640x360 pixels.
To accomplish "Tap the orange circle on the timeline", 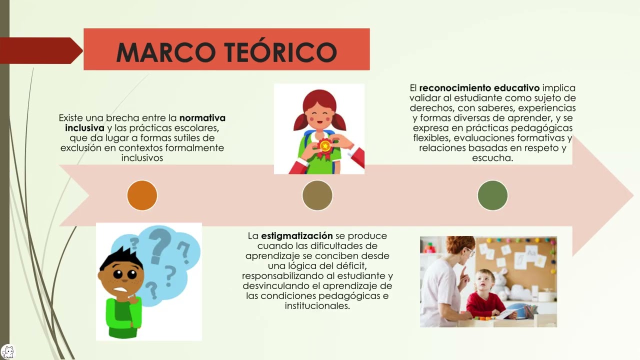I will [142, 195].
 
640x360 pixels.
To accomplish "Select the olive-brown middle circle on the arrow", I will [317, 195].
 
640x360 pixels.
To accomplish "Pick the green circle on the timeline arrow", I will [492, 195].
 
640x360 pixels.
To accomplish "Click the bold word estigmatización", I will [296, 236].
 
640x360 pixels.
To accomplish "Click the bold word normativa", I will [202, 118].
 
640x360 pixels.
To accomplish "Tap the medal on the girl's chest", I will [325, 146].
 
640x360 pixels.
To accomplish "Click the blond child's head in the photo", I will [484, 280].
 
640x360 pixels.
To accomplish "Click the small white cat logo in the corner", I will [8, 351].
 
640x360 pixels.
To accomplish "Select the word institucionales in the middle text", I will [317, 306].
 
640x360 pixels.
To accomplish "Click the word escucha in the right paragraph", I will [492, 158].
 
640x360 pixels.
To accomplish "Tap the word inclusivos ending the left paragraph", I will [142, 158].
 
